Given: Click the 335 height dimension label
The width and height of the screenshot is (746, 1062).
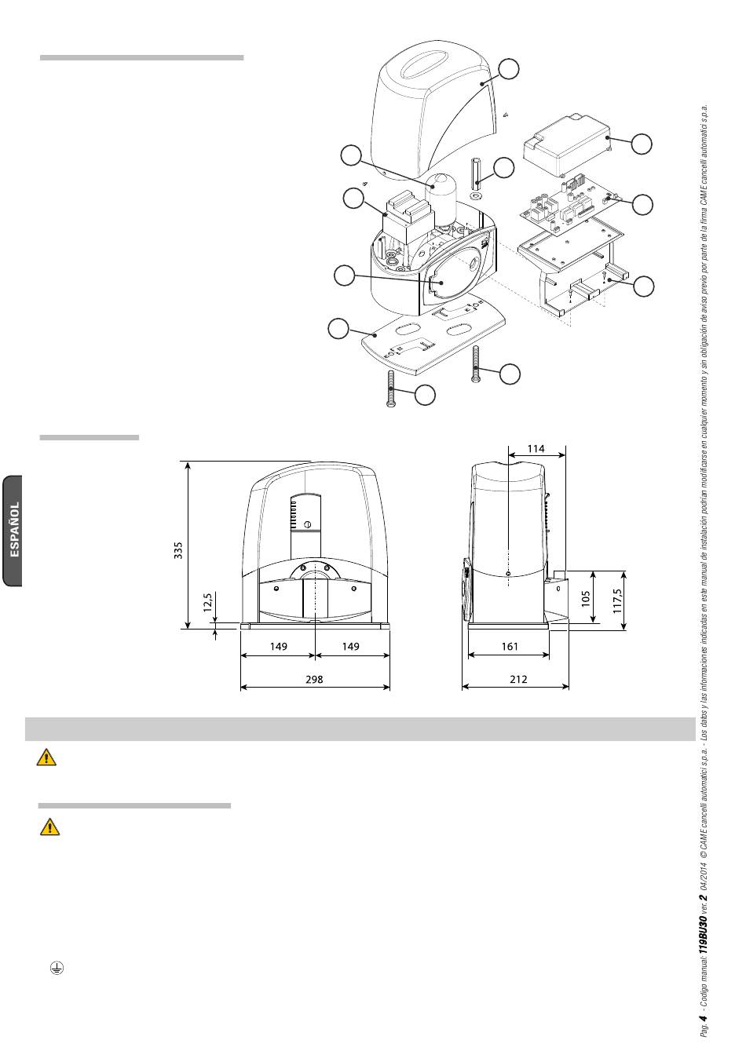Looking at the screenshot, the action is pyautogui.click(x=178, y=550).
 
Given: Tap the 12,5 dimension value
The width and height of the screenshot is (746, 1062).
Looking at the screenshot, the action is pyautogui.click(x=208, y=603).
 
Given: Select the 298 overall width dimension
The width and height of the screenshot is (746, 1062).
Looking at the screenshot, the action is pyautogui.click(x=314, y=680).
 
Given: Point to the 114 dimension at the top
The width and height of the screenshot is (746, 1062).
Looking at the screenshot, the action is pyautogui.click(x=536, y=448).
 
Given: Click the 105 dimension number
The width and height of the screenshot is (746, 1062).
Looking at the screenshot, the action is pyautogui.click(x=586, y=598).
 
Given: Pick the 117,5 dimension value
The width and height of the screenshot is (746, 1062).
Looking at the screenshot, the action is pyautogui.click(x=617, y=601).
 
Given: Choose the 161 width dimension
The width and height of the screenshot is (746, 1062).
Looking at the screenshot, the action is pyautogui.click(x=510, y=646).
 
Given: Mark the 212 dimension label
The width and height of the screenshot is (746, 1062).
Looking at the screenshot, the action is pyautogui.click(x=518, y=680).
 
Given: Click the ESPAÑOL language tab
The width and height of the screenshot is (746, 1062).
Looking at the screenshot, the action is pyautogui.click(x=14, y=530).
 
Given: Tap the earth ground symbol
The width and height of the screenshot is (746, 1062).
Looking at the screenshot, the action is pyautogui.click(x=57, y=968).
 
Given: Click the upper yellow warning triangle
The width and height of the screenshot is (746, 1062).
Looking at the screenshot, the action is pyautogui.click(x=46, y=757).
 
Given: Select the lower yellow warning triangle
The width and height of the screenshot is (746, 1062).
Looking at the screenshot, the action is pyautogui.click(x=49, y=827).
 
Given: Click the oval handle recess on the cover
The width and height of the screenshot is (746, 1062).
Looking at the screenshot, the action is pyautogui.click(x=425, y=64).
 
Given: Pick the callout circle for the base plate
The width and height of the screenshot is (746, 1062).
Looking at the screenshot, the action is pyautogui.click(x=338, y=329).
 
